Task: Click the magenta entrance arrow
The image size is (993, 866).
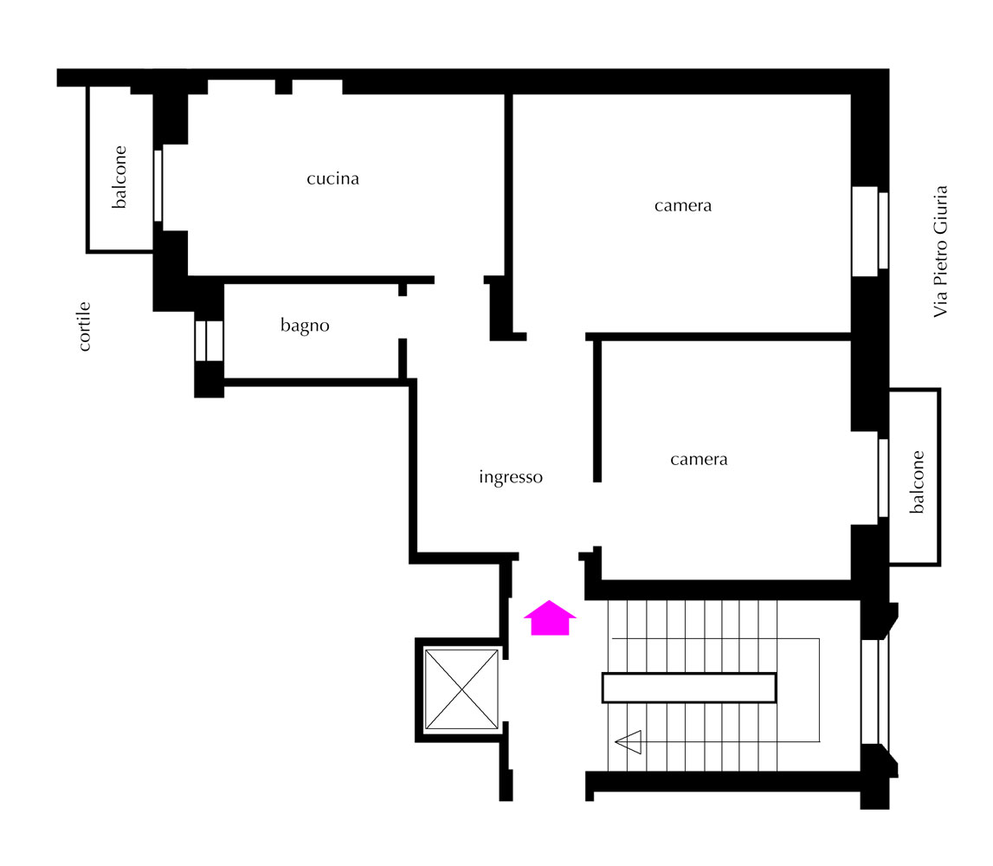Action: click(550, 617)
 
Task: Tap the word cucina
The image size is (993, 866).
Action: click(332, 178)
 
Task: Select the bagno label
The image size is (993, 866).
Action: click(305, 326)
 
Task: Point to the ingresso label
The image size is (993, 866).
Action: click(511, 477)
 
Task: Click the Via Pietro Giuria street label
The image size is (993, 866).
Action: click(940, 251)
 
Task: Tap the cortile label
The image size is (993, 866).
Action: click(84, 326)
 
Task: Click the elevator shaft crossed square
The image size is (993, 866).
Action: click(461, 688)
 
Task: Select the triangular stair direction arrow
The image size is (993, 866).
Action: click(629, 742)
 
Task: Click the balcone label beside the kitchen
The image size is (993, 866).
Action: click(119, 177)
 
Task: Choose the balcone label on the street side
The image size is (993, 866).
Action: click(917, 481)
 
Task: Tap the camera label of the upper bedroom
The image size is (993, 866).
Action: click(683, 206)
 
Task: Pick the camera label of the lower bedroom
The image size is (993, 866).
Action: click(699, 459)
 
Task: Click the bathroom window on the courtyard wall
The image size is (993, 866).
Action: click(209, 341)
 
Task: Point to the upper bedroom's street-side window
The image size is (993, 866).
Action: click(870, 230)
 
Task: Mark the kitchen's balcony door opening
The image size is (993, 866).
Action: click(158, 185)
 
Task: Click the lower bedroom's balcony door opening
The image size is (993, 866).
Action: click(883, 478)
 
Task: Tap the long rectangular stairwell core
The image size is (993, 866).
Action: click(689, 688)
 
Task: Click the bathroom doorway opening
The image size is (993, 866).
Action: click(403, 317)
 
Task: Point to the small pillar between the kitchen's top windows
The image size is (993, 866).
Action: click(284, 87)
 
